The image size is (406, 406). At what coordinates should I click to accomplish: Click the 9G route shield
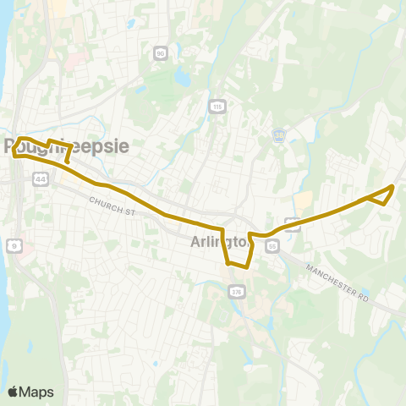[160, 53]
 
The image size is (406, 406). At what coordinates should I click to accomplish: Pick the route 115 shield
[217, 106]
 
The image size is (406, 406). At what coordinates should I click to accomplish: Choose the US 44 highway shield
[41, 178]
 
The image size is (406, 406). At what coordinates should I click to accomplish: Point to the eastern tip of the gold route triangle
[393, 186]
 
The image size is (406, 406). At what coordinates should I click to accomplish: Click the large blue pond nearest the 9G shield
[181, 78]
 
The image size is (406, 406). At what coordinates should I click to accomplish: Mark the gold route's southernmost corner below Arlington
[246, 266]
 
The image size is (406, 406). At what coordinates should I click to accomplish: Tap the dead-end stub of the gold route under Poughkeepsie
[67, 160]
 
